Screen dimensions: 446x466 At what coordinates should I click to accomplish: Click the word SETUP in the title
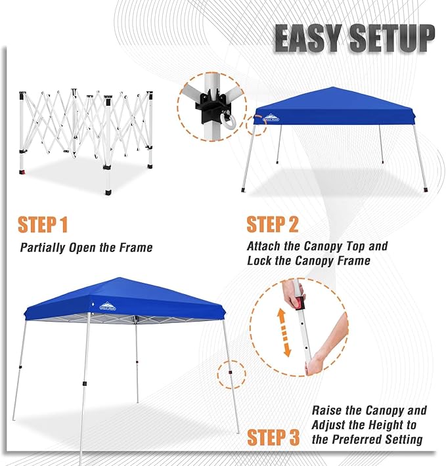tap(392, 38)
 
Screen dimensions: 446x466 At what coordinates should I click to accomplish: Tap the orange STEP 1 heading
tap(43, 224)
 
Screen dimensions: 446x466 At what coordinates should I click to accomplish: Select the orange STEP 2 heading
tap(273, 224)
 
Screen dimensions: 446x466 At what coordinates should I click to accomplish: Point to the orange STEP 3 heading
tap(273, 437)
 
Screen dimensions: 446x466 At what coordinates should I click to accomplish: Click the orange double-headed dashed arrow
tap(284, 332)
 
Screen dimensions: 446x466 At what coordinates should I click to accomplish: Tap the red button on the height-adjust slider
tap(300, 304)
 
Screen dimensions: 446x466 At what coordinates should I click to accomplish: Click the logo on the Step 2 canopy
tap(271, 117)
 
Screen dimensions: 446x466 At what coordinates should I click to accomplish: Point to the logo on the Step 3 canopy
tap(108, 306)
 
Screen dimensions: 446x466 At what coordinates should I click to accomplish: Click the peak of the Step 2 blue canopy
tap(333, 87)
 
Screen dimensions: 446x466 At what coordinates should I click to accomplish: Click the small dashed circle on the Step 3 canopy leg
tap(232, 374)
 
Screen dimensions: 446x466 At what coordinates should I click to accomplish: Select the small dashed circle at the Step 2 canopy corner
tap(257, 125)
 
